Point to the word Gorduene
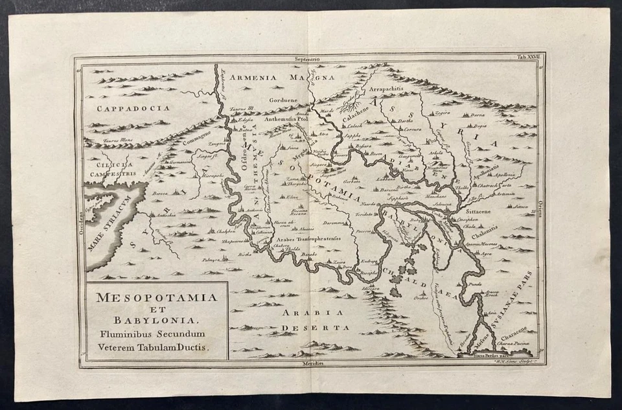tap(282, 101)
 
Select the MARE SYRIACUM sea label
tap(113, 214)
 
